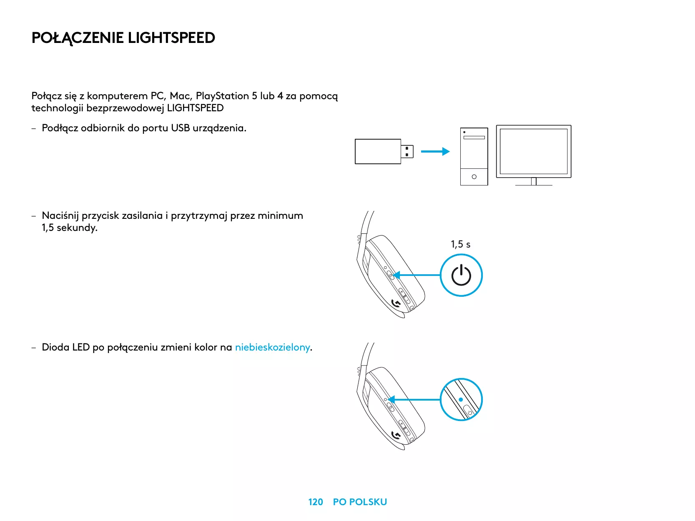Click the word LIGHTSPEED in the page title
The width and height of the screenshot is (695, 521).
click(171, 38)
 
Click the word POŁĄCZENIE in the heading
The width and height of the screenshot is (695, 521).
click(78, 38)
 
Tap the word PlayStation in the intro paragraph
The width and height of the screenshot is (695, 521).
click(222, 96)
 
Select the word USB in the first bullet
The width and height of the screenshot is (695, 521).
click(180, 128)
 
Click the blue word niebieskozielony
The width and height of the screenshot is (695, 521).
click(272, 347)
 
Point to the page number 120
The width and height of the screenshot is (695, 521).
click(316, 502)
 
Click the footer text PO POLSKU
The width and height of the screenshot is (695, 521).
click(360, 502)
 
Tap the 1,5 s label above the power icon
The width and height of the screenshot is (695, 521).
click(460, 244)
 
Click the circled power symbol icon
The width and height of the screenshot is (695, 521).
click(461, 275)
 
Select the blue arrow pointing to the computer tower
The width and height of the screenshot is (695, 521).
click(435, 152)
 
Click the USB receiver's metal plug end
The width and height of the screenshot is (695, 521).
click(407, 151)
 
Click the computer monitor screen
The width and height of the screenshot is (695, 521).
click(534, 151)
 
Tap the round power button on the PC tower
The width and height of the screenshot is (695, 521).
click(474, 177)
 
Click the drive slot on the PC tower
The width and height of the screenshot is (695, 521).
click(474, 137)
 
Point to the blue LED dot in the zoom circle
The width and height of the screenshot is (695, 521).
click(461, 399)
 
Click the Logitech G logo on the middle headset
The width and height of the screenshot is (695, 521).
click(396, 304)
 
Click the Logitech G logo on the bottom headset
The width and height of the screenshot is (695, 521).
click(396, 436)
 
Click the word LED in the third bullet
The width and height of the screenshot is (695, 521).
click(80, 347)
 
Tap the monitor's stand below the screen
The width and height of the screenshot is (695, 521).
click(534, 182)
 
